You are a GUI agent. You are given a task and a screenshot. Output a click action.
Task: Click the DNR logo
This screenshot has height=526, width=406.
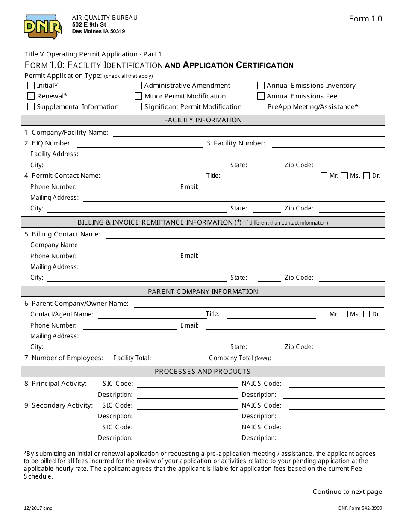point(43,27)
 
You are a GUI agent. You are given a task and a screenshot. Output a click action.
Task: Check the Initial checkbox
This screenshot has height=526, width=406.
point(31,86)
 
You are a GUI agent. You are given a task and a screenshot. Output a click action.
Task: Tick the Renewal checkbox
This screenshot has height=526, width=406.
point(31,96)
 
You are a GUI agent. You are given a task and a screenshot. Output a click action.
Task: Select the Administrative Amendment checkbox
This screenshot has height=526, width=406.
point(138,86)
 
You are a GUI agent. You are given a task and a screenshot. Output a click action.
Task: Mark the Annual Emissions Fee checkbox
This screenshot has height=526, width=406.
point(261,96)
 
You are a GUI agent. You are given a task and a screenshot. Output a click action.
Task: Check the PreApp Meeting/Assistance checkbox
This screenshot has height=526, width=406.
point(261,107)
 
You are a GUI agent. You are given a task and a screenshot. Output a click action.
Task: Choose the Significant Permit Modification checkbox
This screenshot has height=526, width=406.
point(138,107)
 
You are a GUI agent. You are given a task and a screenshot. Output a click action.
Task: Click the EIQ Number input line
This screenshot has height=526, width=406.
point(140,144)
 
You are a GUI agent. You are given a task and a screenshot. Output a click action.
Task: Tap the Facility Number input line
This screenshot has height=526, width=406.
point(328,144)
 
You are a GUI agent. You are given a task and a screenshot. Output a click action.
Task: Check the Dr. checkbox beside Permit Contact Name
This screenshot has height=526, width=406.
point(366,176)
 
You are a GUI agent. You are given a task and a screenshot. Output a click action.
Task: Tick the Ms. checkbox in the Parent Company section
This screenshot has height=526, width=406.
point(344,314)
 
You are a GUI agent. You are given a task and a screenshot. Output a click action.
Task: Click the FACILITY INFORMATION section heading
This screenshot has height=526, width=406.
point(203,120)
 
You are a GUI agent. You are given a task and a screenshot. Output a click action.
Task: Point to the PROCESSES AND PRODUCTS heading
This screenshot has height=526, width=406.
point(203,372)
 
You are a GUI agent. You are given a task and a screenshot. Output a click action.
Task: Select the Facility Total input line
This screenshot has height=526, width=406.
point(182,358)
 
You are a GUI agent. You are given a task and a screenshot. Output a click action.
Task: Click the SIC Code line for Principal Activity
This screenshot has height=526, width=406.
point(187,384)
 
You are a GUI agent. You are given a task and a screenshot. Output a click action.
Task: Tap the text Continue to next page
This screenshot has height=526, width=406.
point(347,492)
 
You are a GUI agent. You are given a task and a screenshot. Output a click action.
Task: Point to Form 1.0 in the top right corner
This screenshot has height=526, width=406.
point(365,19)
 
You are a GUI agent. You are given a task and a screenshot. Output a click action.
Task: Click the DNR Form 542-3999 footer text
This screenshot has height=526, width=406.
point(360,508)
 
